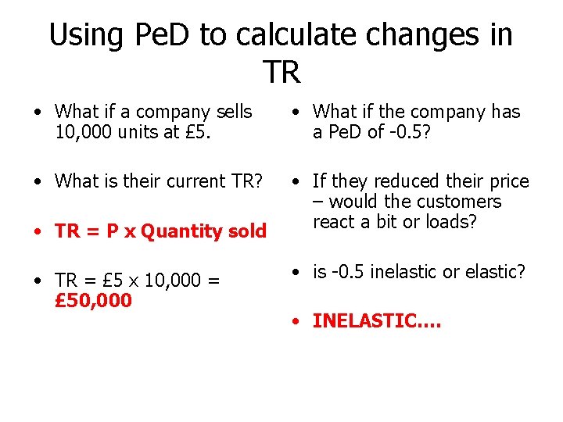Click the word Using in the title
click(84, 35)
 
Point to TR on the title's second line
click(281, 73)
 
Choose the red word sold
click(247, 231)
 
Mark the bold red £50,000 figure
click(94, 301)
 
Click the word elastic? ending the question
click(497, 272)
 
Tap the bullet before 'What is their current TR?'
click(38, 182)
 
